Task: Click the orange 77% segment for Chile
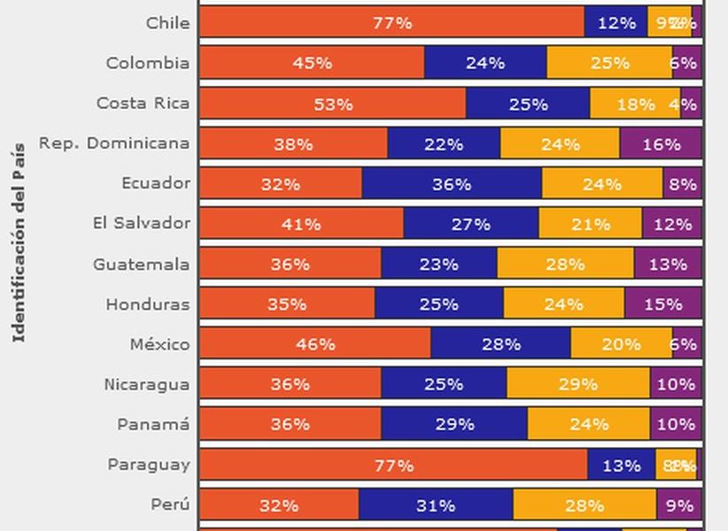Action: [x=391, y=23]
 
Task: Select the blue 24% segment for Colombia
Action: [x=485, y=63]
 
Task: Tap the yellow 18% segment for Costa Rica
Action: [x=635, y=104]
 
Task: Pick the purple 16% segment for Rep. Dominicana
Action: [x=661, y=143]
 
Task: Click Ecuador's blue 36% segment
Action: [x=452, y=184]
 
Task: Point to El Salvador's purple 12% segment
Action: [x=672, y=224]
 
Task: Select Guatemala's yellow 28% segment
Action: [x=565, y=264]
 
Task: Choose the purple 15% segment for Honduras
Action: [x=663, y=304]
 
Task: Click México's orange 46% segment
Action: [x=315, y=344]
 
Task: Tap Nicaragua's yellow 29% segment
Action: [x=578, y=384]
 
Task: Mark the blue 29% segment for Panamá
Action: [x=454, y=424]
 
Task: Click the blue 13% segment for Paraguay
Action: [x=621, y=465]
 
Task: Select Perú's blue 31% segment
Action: [x=436, y=505]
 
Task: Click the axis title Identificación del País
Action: [x=19, y=241]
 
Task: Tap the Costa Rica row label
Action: [x=143, y=104]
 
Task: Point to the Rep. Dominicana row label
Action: [x=114, y=143]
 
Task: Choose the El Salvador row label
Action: [x=142, y=223]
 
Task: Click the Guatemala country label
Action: [x=142, y=264]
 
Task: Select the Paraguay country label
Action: [x=149, y=465]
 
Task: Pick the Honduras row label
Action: [x=147, y=304]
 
